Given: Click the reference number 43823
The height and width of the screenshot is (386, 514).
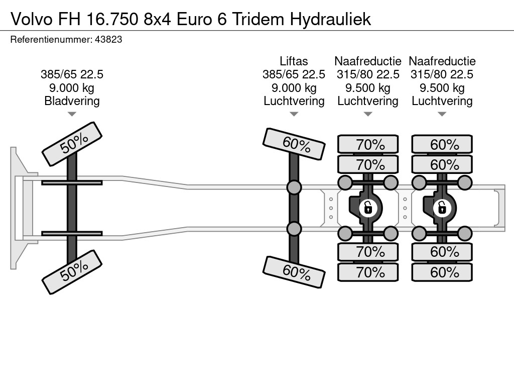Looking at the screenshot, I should point(108,39).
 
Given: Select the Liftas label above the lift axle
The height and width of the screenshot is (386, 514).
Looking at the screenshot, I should point(294,61).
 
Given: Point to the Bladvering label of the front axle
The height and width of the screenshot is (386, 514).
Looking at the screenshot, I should point(72,101).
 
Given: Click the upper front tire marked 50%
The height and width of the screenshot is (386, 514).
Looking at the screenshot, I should point(72,144).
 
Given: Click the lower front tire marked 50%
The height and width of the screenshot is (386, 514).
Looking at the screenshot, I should point(72,272).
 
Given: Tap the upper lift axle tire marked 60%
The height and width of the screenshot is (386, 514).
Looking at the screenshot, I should point(294,144).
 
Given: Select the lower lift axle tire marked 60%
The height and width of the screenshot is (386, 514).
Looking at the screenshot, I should point(294,272).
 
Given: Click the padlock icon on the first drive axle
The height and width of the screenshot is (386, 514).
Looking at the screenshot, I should point(368,207).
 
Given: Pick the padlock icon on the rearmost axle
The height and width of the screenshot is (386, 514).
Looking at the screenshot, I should point(442,207).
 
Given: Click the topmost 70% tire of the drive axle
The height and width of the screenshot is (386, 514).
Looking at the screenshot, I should point(368,145).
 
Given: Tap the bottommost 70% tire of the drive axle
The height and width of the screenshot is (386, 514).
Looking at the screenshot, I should point(368,272).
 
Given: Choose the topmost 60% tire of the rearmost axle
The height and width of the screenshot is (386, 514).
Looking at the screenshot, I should point(442,145).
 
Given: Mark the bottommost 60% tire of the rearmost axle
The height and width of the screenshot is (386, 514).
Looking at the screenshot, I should point(442,272).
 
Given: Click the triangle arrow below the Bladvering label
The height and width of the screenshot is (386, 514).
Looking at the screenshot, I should point(72,114).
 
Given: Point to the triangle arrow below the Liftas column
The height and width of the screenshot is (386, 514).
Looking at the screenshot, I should point(294,114).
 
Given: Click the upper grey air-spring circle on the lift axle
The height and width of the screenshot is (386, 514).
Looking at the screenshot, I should point(294,188).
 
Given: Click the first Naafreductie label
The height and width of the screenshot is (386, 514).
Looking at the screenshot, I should point(368,61).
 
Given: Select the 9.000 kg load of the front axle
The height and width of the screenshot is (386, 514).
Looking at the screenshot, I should point(72,88).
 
